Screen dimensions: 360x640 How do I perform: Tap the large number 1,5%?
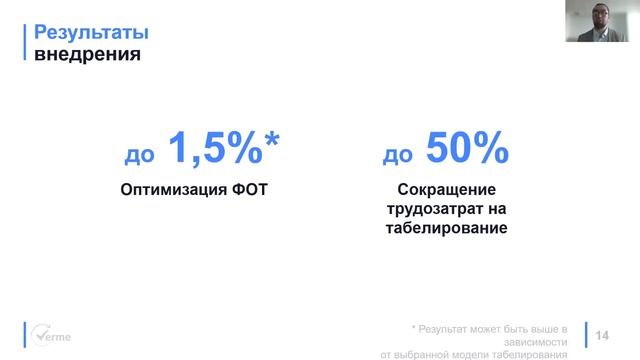211,150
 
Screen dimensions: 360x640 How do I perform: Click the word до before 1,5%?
138,156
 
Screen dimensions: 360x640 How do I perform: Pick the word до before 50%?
399,156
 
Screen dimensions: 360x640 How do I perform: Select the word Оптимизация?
164,189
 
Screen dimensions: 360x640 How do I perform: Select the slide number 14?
602,335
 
